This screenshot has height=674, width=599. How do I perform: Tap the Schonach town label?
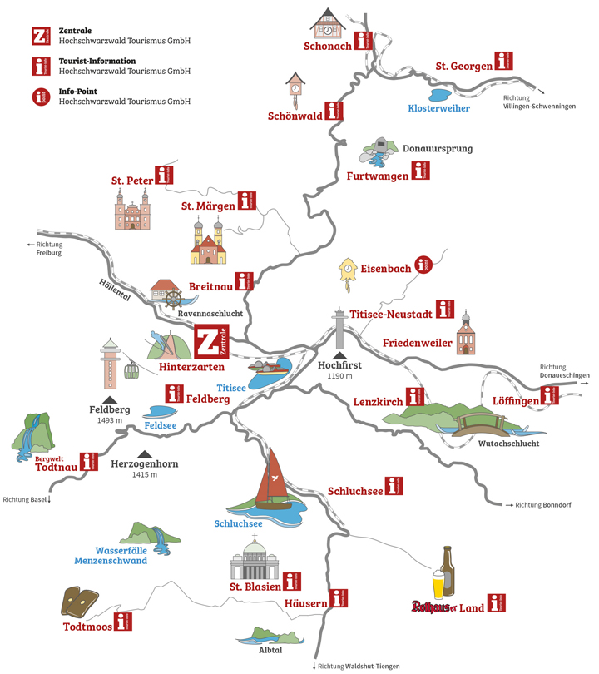coord(328,47)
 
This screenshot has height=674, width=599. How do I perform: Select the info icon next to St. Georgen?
coord(502,61)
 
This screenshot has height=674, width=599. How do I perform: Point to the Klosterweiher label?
coord(438,107)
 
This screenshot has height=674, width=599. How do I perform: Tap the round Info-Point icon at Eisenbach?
coord(425,266)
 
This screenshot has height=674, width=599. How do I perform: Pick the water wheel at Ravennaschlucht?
coord(172,298)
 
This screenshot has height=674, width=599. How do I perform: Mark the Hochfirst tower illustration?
coord(339,330)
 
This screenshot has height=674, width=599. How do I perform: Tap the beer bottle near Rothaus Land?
coord(448,570)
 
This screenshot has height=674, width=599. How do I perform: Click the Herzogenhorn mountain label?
coord(144,463)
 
